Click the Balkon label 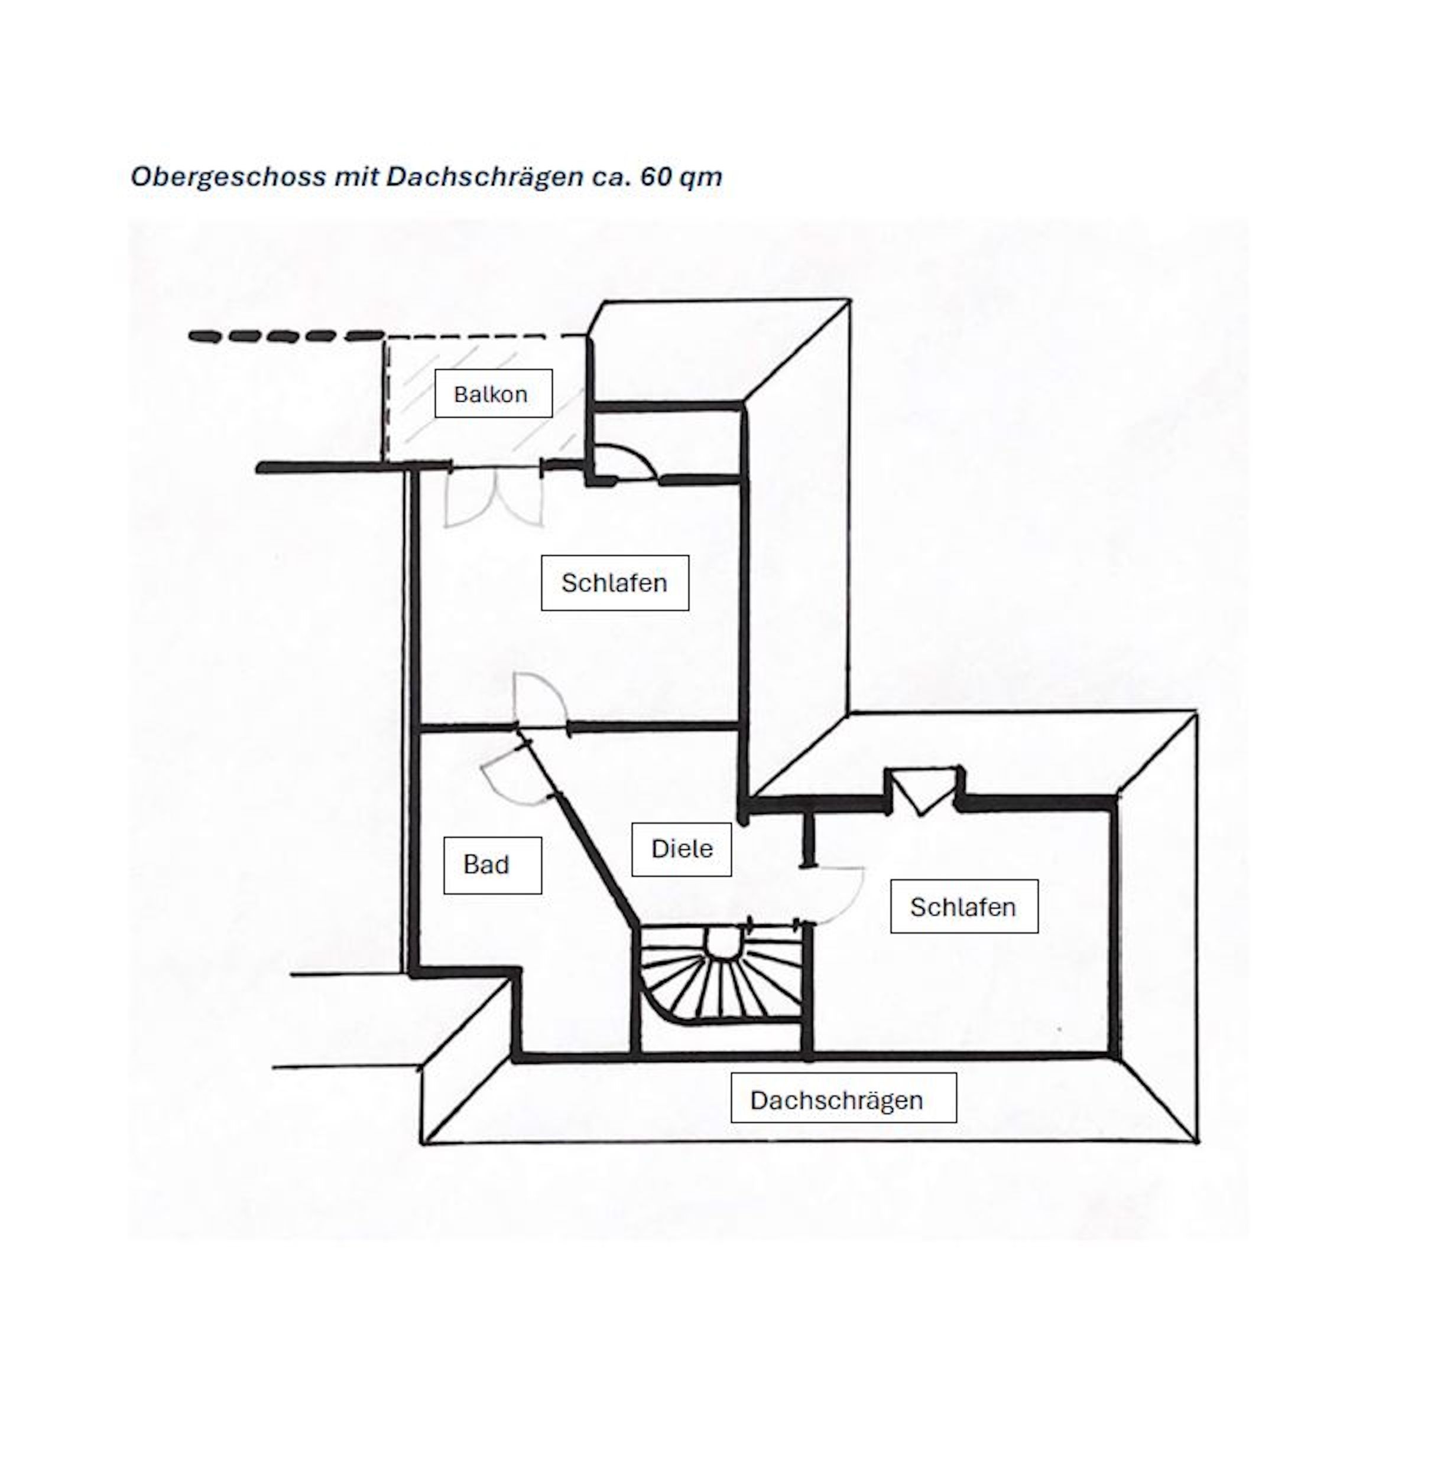click(493, 393)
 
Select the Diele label click(681, 848)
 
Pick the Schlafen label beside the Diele click(963, 906)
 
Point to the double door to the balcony click(495, 497)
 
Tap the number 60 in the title click(654, 176)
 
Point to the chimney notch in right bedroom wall click(923, 790)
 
